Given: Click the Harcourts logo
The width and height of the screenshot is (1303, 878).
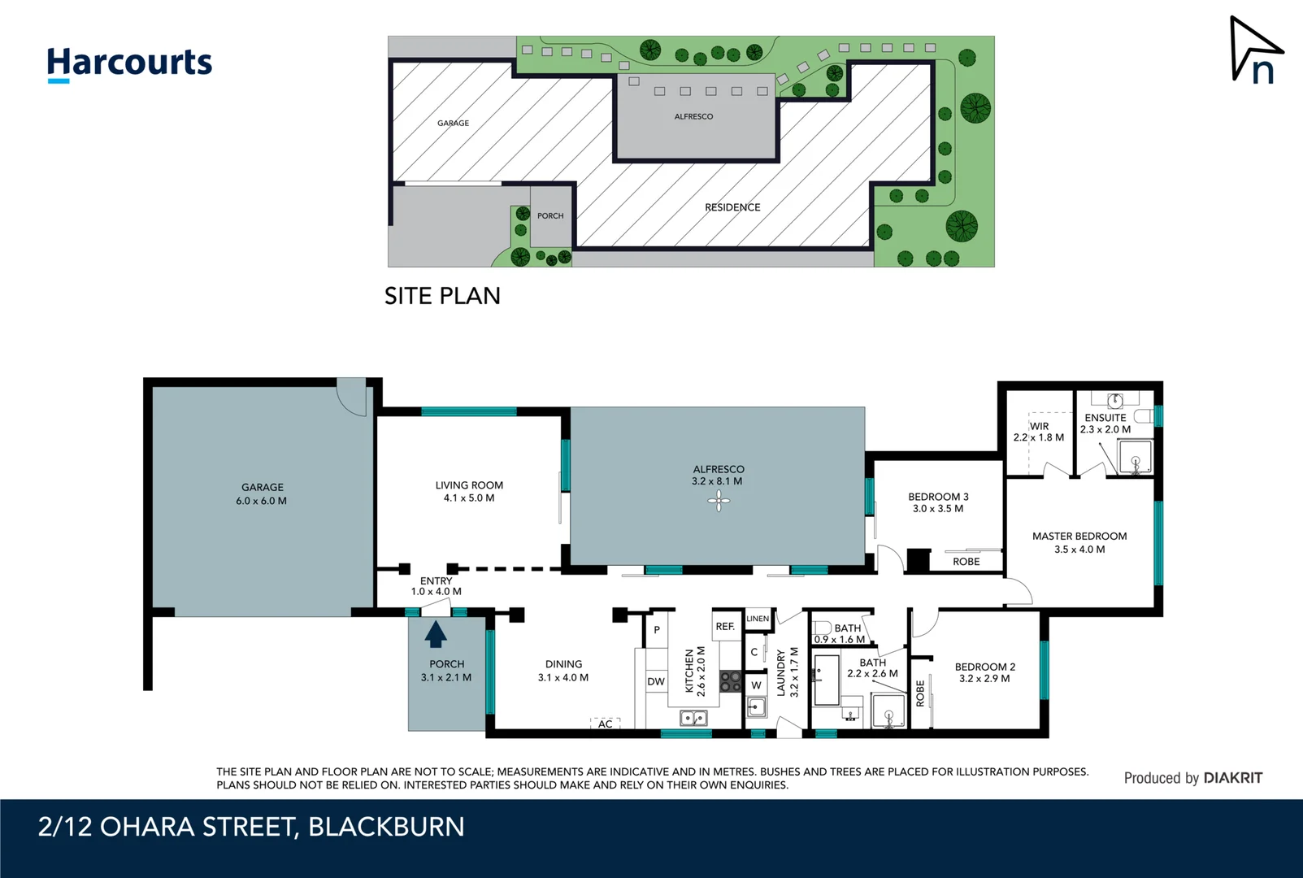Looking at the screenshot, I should pyautogui.click(x=129, y=63).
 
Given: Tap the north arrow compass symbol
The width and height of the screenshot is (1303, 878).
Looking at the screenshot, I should pyautogui.click(x=1255, y=50).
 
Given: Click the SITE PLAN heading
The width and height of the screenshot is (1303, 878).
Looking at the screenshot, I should pyautogui.click(x=442, y=296).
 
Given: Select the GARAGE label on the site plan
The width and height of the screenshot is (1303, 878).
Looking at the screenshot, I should pyautogui.click(x=453, y=124).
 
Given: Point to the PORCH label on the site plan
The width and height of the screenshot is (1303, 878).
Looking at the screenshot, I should pyautogui.click(x=550, y=216).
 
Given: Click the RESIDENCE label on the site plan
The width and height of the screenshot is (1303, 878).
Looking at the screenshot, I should pyautogui.click(x=732, y=207).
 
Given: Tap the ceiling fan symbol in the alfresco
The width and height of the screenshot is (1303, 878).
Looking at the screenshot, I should pyautogui.click(x=719, y=502).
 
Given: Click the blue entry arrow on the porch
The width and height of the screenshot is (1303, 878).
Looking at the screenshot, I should pyautogui.click(x=437, y=633).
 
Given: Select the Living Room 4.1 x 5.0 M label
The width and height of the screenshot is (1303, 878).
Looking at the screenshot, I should pyautogui.click(x=469, y=491).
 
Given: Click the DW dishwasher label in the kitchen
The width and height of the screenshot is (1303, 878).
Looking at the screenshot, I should pyautogui.click(x=656, y=681).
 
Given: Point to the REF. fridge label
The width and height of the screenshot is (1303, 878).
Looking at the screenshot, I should pyautogui.click(x=725, y=626).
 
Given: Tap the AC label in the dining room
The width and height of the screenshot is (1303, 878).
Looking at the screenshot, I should pyautogui.click(x=606, y=724).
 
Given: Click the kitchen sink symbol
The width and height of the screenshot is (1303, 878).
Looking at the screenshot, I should pyautogui.click(x=693, y=718).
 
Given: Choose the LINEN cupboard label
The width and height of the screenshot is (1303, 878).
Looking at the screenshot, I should pyautogui.click(x=758, y=619).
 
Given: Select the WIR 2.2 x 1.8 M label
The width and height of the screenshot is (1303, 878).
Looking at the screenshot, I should pyautogui.click(x=1039, y=432).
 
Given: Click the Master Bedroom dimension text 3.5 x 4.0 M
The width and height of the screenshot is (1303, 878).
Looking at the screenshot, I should pyautogui.click(x=1079, y=550).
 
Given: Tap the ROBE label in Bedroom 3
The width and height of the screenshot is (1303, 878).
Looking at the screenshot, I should pyautogui.click(x=966, y=562).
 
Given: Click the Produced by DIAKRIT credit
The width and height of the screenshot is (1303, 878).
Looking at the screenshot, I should pyautogui.click(x=1192, y=778).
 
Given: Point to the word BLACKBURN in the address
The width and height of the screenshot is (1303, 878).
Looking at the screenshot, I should pyautogui.click(x=386, y=827).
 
